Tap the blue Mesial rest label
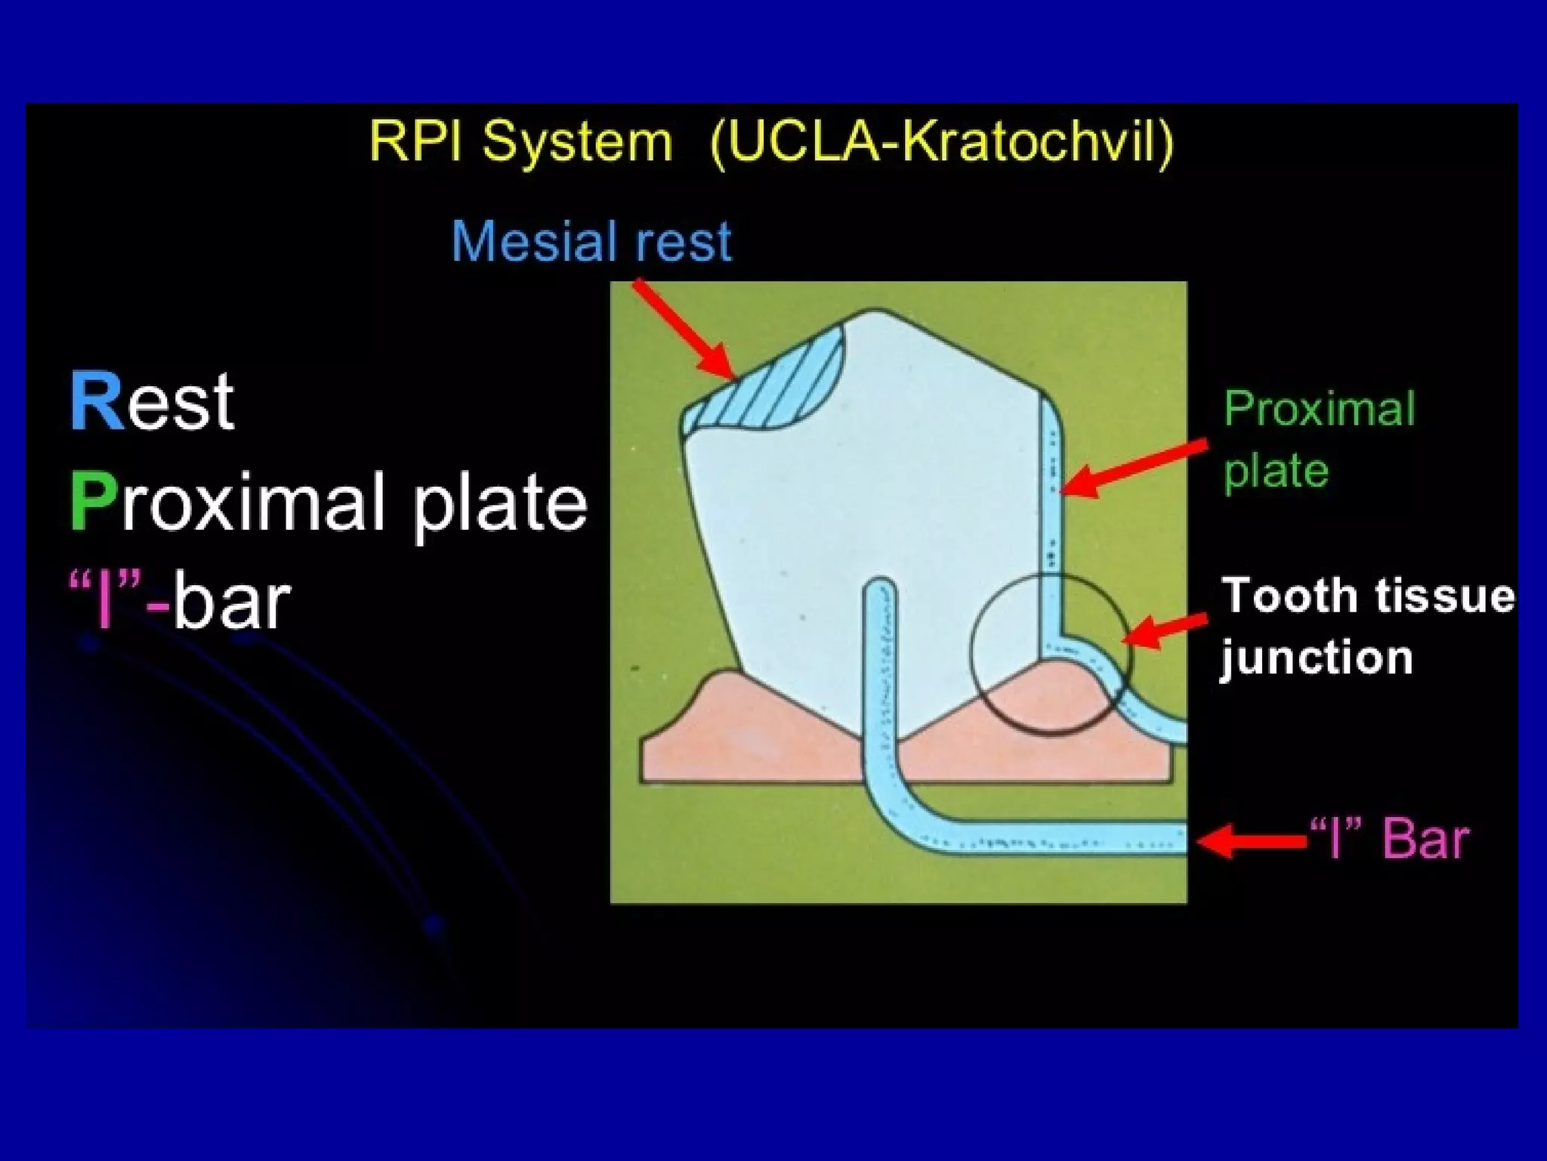pos(591,242)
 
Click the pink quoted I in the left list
pos(107,602)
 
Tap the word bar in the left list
pos(231,603)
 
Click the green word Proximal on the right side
pos(1318,410)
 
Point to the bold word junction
pos(1316,658)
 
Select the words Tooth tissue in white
pos(1367,596)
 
